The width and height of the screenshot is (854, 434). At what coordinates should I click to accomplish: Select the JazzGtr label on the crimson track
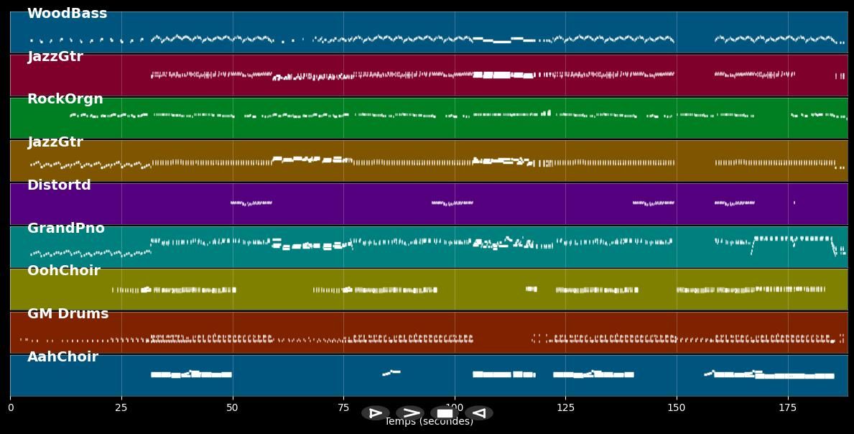click(x=55, y=57)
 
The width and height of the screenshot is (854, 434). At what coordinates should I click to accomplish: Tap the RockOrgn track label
click(x=65, y=99)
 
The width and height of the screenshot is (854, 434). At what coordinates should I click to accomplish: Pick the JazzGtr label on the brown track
click(x=55, y=142)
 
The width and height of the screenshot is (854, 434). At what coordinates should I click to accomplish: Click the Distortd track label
click(x=59, y=185)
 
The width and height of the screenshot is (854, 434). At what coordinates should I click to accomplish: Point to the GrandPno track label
click(x=65, y=228)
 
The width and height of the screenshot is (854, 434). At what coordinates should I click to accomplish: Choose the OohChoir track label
click(x=63, y=271)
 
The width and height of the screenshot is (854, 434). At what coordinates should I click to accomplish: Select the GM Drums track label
click(x=68, y=314)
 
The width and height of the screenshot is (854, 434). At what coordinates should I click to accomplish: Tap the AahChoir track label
click(x=62, y=357)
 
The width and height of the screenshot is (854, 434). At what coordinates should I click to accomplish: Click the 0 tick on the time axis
click(x=10, y=408)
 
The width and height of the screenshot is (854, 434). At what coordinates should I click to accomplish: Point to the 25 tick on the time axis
click(x=121, y=408)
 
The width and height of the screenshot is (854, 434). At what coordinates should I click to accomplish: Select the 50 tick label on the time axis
click(x=232, y=408)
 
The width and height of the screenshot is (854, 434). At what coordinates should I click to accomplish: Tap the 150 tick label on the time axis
click(x=677, y=408)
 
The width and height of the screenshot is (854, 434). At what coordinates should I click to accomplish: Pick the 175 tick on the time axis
click(x=788, y=408)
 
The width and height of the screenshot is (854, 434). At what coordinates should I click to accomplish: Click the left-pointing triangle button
click(x=479, y=413)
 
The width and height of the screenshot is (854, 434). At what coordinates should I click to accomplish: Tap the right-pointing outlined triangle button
click(x=376, y=413)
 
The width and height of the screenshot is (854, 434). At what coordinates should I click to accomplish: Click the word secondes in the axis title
click(x=450, y=423)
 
